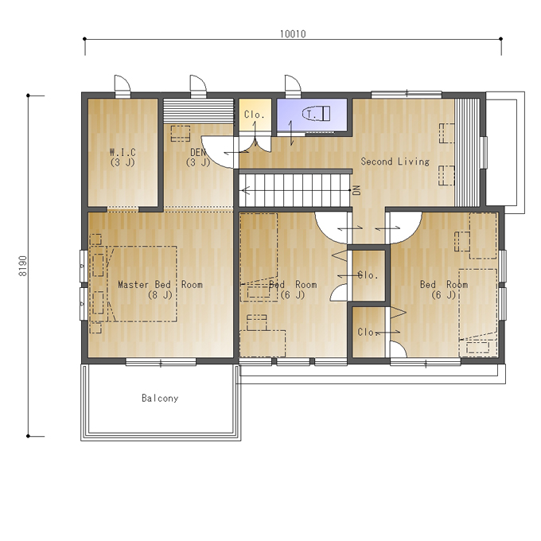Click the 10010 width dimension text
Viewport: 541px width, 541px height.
(x=293, y=33)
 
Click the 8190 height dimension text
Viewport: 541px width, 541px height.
(x=23, y=266)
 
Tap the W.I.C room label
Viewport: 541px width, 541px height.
(x=123, y=152)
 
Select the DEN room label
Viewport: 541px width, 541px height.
(x=198, y=152)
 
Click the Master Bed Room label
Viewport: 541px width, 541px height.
(x=160, y=285)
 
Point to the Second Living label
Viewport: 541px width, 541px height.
(x=395, y=162)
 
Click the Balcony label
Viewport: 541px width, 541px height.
(x=160, y=398)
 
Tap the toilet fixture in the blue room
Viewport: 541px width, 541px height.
(x=317, y=114)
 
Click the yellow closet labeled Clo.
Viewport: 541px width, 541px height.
(x=255, y=115)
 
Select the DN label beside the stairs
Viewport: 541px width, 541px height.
(x=356, y=190)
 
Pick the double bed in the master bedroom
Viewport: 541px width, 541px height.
(x=142, y=284)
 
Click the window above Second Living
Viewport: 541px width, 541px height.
(x=407, y=94)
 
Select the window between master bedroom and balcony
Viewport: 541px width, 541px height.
(x=161, y=361)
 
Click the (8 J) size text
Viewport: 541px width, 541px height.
(x=160, y=295)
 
